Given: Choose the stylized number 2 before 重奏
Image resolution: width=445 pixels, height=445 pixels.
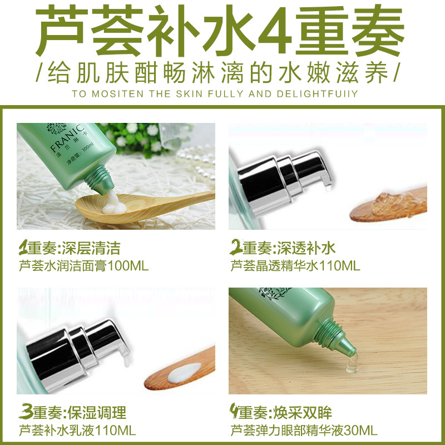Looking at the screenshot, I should (x=236, y=247).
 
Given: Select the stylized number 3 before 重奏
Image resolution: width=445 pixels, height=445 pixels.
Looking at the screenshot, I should (x=24, y=412).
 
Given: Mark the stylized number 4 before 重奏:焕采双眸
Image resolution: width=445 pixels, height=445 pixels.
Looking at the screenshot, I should (x=236, y=412).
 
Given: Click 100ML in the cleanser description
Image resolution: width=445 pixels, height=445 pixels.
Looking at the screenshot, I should (x=127, y=266).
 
